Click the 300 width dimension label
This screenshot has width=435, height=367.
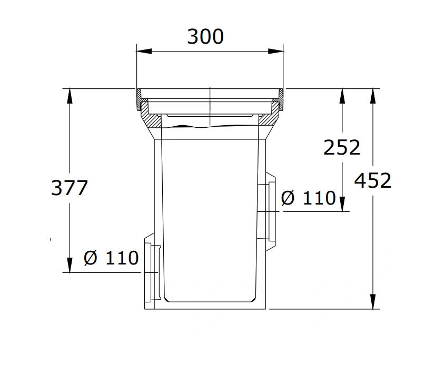205,37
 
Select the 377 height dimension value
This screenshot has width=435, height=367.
70,188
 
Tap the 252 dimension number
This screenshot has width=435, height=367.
342,147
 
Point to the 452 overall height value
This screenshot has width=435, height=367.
372,180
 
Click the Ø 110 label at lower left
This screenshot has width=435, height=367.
111,258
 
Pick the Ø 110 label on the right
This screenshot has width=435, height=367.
308,198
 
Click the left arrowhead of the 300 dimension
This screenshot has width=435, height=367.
144,51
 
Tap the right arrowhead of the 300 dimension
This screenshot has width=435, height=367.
276,51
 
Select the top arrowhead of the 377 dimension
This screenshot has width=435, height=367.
70,96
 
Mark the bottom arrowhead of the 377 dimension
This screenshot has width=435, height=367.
70,265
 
